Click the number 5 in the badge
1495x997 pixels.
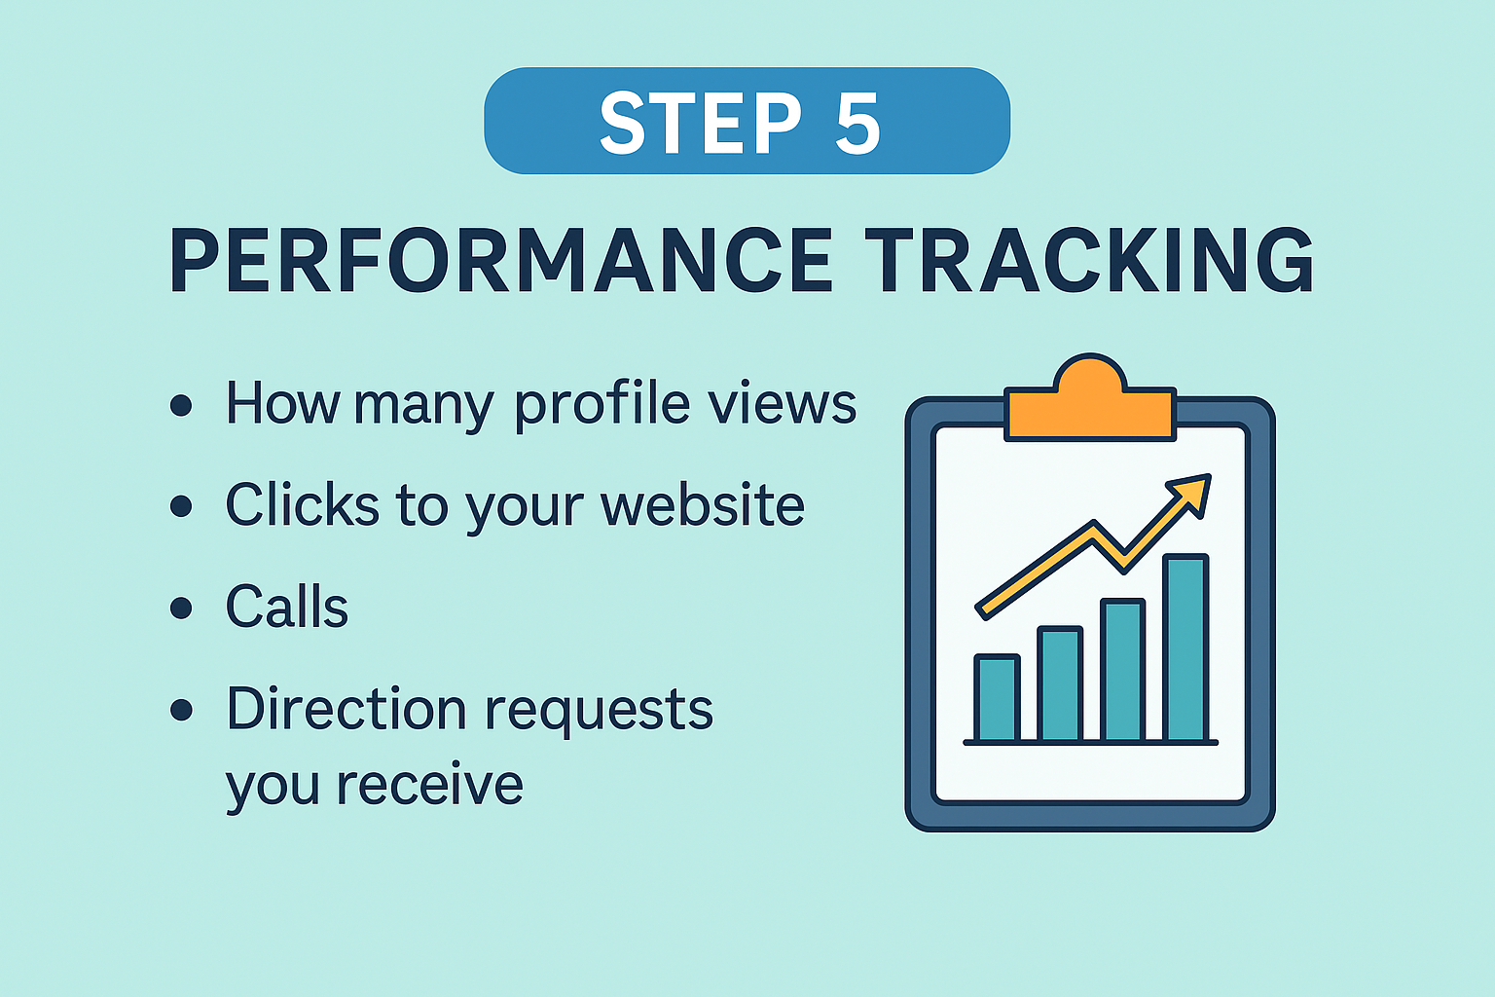coord(857,123)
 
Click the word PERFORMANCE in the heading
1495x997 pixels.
coord(501,260)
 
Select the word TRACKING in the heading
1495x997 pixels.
coord(1090,260)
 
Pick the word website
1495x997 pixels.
coord(703,505)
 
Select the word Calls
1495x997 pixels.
coord(287,607)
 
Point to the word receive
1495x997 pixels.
coord(429,785)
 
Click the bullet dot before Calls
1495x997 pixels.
coord(181,609)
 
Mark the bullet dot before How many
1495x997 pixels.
coord(181,405)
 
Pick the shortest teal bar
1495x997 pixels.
coord(997,698)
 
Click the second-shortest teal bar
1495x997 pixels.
coord(1060,684)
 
